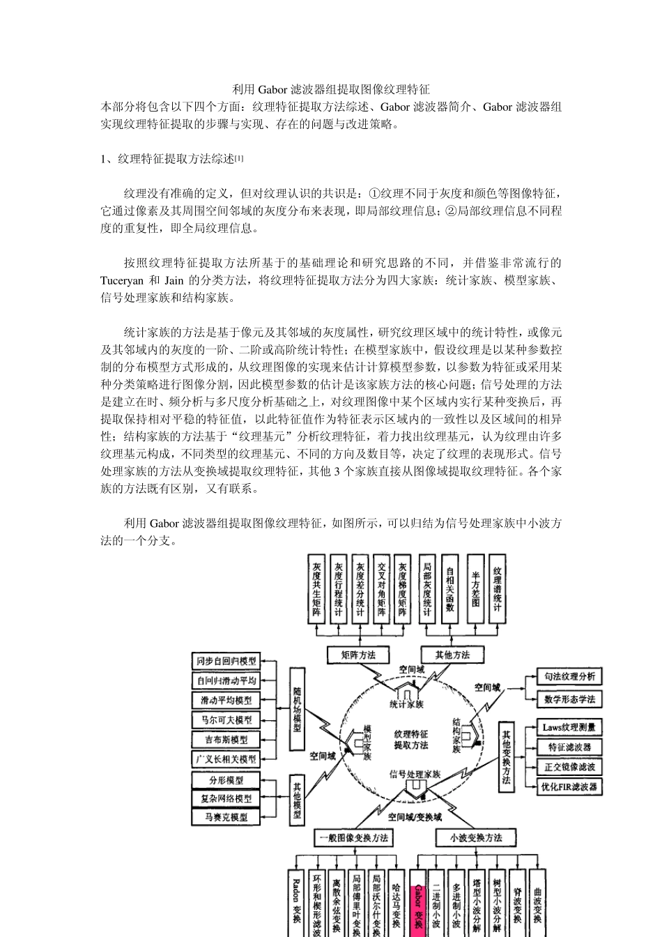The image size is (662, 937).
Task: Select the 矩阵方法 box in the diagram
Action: [x=358, y=655]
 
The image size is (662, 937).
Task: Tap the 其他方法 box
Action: [x=452, y=655]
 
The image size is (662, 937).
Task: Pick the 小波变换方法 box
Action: [x=476, y=837]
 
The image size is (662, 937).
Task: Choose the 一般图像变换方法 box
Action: [x=354, y=837]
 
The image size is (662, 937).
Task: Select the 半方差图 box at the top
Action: [x=476, y=589]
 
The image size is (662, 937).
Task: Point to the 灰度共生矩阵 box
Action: [x=317, y=589]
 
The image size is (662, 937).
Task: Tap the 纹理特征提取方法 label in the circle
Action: [x=411, y=739]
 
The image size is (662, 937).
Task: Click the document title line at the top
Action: [x=330, y=89]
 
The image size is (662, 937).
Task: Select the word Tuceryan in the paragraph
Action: [x=122, y=281]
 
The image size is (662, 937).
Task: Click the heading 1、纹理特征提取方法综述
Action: [x=171, y=159]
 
